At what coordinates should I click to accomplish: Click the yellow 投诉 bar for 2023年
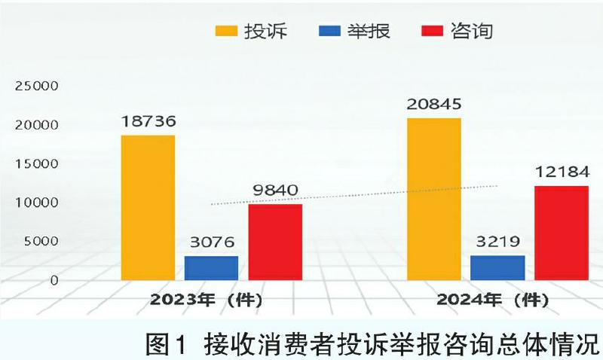(x=148, y=207)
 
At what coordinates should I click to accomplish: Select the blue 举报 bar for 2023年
(x=211, y=268)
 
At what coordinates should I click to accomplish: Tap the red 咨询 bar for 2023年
(x=275, y=242)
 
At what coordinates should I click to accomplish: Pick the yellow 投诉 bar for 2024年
(x=433, y=199)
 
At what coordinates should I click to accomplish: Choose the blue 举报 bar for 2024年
(x=497, y=267)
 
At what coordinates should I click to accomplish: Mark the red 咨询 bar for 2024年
(x=561, y=233)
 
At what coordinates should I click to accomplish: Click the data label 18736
(x=148, y=121)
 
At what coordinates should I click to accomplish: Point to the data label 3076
(x=211, y=243)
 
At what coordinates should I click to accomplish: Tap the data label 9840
(x=275, y=190)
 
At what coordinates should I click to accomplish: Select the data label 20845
(x=433, y=104)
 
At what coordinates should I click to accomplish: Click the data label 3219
(x=497, y=243)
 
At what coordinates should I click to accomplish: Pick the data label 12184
(x=561, y=172)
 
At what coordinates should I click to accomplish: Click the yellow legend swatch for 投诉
(x=227, y=31)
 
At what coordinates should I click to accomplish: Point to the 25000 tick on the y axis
(x=35, y=86)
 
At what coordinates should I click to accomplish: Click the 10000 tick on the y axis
(x=35, y=203)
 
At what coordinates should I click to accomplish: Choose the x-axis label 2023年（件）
(x=205, y=299)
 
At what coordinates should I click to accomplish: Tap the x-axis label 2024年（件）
(x=493, y=299)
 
